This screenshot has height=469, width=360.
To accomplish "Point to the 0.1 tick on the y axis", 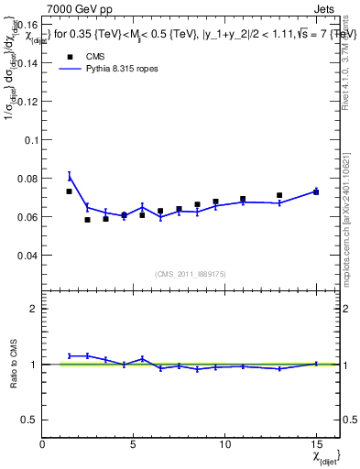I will click(29, 140).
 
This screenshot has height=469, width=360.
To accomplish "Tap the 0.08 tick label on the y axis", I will click(27, 179).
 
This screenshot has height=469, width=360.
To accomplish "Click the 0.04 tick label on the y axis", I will click(27, 256).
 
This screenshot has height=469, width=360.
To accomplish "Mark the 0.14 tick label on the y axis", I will click(27, 63).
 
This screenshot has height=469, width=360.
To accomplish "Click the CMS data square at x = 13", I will click(279, 195).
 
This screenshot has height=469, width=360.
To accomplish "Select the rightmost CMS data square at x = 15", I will click(316, 192).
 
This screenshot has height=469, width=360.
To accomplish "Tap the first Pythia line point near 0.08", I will click(70, 176).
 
